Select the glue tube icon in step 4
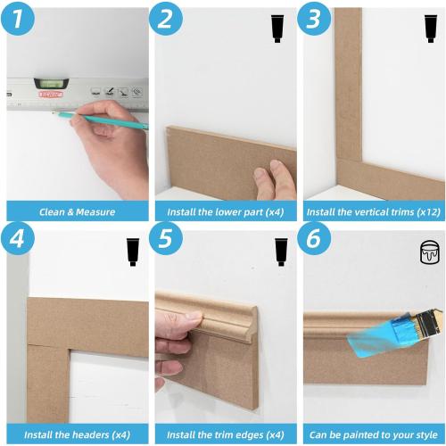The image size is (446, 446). (133, 252)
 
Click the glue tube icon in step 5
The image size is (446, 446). (280, 252)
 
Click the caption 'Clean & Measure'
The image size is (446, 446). (76, 212)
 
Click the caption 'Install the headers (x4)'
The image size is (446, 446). (76, 434)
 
